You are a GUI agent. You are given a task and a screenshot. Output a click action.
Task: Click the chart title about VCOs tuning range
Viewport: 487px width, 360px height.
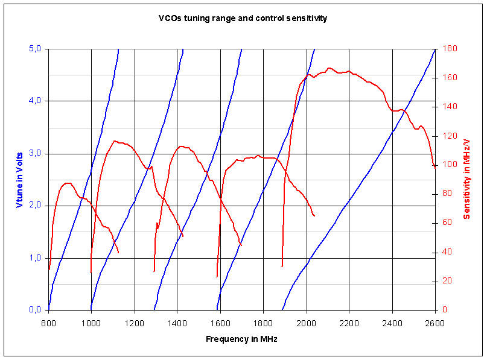point(243,18)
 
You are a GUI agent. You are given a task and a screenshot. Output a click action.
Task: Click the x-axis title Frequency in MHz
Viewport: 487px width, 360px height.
point(241,339)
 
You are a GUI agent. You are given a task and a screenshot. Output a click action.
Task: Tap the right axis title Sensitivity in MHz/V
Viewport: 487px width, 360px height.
point(466,179)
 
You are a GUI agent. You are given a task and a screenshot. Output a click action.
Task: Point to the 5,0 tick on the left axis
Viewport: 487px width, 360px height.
point(34,49)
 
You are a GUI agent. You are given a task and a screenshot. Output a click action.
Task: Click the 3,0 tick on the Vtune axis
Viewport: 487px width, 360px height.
point(34,153)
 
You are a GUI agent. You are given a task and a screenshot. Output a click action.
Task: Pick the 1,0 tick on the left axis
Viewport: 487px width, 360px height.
point(34,258)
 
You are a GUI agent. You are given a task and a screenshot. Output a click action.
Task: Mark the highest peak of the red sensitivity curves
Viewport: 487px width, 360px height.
point(329,68)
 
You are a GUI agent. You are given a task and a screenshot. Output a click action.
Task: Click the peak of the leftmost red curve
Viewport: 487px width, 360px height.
point(66,183)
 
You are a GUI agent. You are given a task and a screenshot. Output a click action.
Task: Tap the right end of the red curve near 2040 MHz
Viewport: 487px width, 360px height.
point(314,216)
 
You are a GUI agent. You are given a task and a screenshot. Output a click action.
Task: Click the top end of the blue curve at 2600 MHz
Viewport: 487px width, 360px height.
point(435,49)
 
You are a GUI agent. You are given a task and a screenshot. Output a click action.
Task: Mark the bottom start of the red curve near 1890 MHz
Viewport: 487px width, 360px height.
point(282,266)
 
